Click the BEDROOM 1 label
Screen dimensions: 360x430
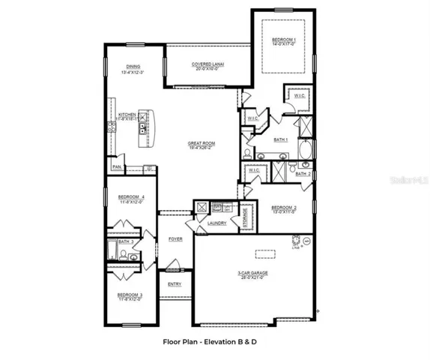[283, 38]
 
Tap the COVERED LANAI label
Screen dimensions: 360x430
[208, 64]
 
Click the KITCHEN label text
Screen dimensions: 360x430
[127, 115]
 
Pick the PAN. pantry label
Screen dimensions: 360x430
[116, 166]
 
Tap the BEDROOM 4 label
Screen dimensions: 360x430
[131, 197]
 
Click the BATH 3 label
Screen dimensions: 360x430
[127, 242]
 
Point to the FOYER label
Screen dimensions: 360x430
[175, 239]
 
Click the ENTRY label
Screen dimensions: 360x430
[174, 283]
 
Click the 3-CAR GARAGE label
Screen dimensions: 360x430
[252, 273]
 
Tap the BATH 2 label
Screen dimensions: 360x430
[303, 174]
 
